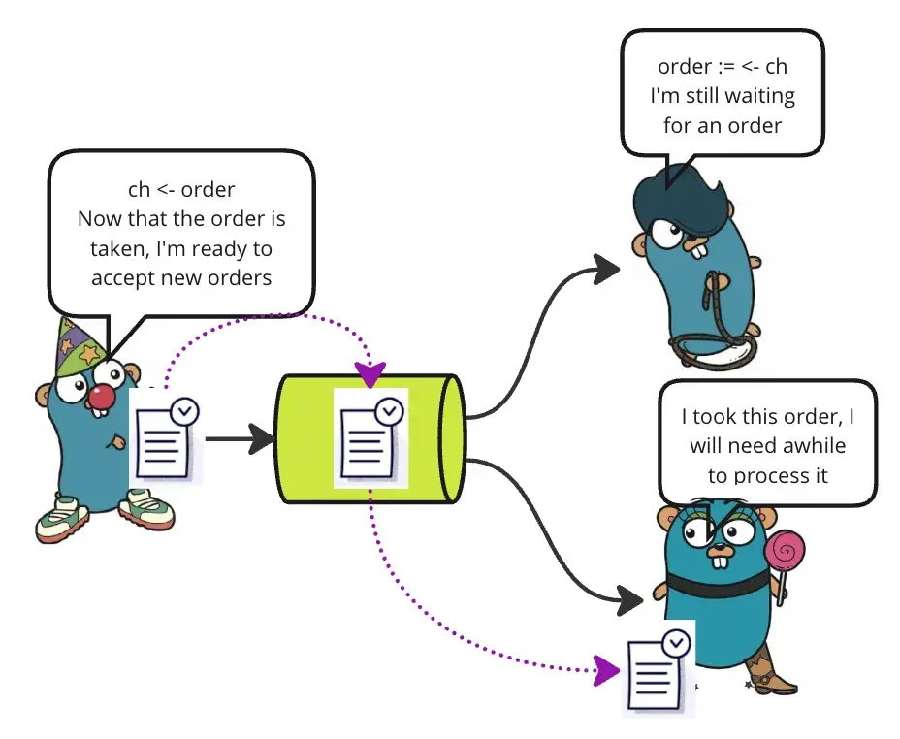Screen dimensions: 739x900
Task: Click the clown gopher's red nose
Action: click(101, 396)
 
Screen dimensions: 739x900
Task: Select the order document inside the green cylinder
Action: click(370, 438)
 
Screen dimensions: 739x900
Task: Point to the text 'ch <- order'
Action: click(181, 189)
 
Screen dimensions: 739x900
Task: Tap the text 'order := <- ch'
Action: click(723, 67)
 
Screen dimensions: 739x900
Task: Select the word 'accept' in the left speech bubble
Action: click(121, 277)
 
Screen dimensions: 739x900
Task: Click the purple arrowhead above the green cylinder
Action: click(370, 372)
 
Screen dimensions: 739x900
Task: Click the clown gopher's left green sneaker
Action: click(61, 519)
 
